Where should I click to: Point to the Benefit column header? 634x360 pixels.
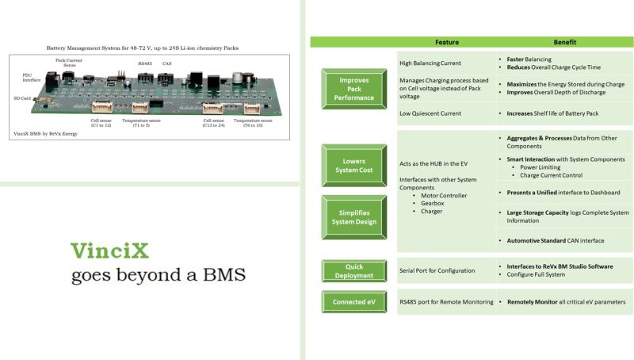564,42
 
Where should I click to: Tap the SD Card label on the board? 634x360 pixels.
21,98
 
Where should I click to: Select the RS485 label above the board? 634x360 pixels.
144,63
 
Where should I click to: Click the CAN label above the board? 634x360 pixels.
167,63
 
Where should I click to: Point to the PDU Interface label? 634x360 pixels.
30,77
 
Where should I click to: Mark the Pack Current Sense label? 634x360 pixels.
70,63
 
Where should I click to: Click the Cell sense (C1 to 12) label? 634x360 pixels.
101,123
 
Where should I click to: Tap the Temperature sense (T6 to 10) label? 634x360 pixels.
254,123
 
